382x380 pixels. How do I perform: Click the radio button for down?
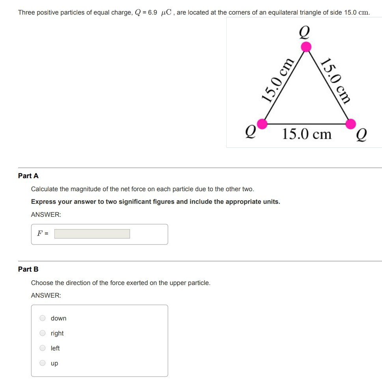click(x=43, y=318)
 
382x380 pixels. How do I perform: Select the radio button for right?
click(x=43, y=333)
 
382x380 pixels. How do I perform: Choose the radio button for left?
click(x=43, y=348)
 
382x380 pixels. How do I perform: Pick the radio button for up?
click(x=43, y=363)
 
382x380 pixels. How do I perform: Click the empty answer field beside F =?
click(x=92, y=234)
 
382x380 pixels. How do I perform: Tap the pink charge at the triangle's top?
click(x=306, y=47)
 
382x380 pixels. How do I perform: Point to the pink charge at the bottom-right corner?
click(x=350, y=124)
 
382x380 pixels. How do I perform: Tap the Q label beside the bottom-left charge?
click(x=251, y=130)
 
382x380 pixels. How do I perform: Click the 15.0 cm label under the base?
click(x=307, y=134)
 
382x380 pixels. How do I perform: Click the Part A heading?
click(x=28, y=176)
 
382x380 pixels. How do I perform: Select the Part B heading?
click(x=28, y=269)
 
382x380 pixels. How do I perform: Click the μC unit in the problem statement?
click(x=166, y=12)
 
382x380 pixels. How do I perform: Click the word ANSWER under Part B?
click(x=46, y=295)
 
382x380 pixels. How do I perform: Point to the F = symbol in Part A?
click(x=43, y=233)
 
